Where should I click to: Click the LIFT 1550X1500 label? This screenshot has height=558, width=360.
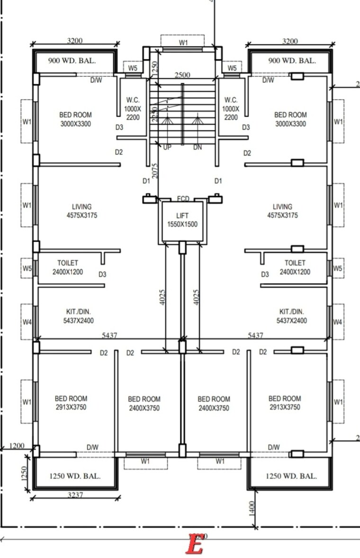coord(182,220)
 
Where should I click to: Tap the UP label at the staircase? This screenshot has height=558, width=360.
coord(167,147)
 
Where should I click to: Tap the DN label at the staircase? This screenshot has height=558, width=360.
coord(198,147)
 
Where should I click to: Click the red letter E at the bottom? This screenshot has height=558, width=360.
coord(194,544)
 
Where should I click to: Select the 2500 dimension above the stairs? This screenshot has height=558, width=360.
coord(182,75)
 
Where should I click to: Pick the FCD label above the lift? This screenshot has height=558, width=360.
coord(183,198)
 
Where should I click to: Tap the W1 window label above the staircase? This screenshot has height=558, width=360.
coord(183,42)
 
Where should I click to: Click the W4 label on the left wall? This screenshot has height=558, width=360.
coord(27,322)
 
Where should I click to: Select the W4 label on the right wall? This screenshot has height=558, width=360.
coord(337,322)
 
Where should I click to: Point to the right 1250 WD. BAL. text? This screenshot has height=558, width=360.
coord(291,476)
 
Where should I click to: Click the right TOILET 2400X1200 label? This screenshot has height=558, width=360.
coord(294,267)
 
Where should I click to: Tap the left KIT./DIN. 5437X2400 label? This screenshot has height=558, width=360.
coord(79,316)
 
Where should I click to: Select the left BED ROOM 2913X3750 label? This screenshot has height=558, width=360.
coord(71,403)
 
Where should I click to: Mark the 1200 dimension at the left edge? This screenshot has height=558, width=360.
coord(16,446)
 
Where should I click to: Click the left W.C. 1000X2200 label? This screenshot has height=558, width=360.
coord(133,109)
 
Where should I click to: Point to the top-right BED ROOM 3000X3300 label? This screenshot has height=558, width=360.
coord(290,119)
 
